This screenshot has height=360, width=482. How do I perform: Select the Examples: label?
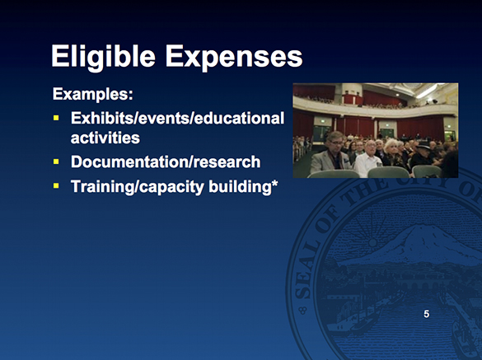point(92,94)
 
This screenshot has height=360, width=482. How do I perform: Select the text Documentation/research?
point(166,161)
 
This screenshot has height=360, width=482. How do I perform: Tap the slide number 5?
point(426,314)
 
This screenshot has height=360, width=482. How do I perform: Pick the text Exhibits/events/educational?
point(177,118)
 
